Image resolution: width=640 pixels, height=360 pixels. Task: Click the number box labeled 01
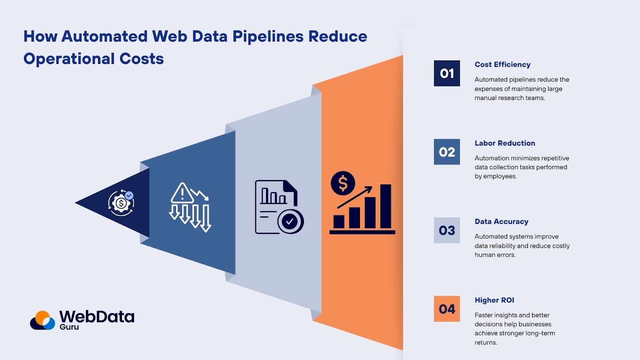pos(447,73)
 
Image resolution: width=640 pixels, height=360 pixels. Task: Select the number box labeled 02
pos(447,152)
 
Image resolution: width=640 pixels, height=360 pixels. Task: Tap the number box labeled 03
pos(447,230)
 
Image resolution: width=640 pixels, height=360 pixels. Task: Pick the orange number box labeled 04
pos(447,309)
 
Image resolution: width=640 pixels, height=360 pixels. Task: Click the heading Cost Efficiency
pos(502,64)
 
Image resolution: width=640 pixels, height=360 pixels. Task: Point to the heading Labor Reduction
pos(505,143)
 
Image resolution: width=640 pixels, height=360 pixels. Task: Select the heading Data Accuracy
pos(501,222)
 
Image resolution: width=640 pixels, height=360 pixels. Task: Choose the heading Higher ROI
pos(494,300)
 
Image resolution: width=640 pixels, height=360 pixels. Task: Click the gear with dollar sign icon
pos(120,203)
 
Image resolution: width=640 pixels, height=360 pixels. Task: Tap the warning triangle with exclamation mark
pos(182,194)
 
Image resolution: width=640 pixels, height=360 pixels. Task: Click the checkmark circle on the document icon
pos(290,221)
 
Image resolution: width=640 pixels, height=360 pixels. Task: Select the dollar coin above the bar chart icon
pos(343,183)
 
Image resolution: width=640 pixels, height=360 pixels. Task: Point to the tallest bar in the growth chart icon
pos(386,206)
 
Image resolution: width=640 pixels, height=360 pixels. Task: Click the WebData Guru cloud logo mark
pos(42,320)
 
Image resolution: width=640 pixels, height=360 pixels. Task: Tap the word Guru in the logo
pos(69,327)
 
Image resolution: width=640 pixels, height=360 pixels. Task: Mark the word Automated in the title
pos(104,36)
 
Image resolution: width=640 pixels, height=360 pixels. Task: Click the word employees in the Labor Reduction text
pos(500,176)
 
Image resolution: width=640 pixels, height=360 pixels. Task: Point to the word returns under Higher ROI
pos(485,342)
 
